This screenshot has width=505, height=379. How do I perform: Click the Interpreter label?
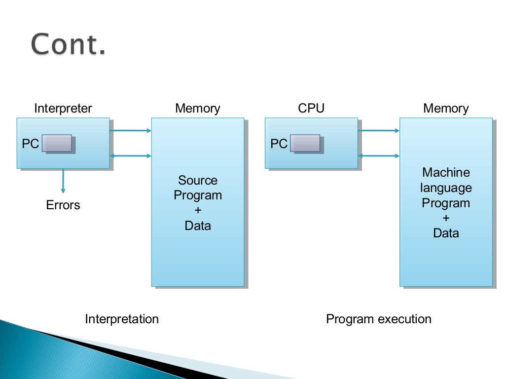pyautogui.click(x=63, y=109)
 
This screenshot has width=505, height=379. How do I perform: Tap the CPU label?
pyautogui.click(x=311, y=109)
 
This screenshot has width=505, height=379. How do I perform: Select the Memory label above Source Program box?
pyautogui.click(x=198, y=109)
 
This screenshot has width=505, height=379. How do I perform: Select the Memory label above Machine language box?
pyautogui.click(x=446, y=109)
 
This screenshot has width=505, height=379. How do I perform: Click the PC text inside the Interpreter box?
pyautogui.click(x=30, y=144)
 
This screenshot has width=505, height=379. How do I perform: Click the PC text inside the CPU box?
pyautogui.click(x=279, y=144)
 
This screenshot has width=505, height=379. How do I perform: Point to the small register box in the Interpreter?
pyautogui.click(x=57, y=143)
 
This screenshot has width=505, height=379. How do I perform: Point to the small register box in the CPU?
pyautogui.click(x=306, y=143)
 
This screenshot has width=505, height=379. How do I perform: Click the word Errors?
pyautogui.click(x=63, y=205)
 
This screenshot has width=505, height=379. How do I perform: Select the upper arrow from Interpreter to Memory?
pyautogui.click(x=131, y=131)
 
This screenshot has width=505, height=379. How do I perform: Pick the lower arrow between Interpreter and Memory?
pyautogui.click(x=131, y=156)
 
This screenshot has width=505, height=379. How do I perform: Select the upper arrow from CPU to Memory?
pyautogui.click(x=379, y=131)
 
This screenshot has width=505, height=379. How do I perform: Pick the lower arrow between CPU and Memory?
pyautogui.click(x=379, y=156)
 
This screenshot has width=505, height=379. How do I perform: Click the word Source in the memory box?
pyautogui.click(x=198, y=180)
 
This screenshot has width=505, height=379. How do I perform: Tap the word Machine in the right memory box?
pyautogui.click(x=446, y=173)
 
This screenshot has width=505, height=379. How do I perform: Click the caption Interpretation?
pyautogui.click(x=122, y=319)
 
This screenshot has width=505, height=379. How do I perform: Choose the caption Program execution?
pyautogui.click(x=379, y=319)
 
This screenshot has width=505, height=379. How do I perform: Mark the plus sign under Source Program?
pyautogui.click(x=198, y=211)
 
